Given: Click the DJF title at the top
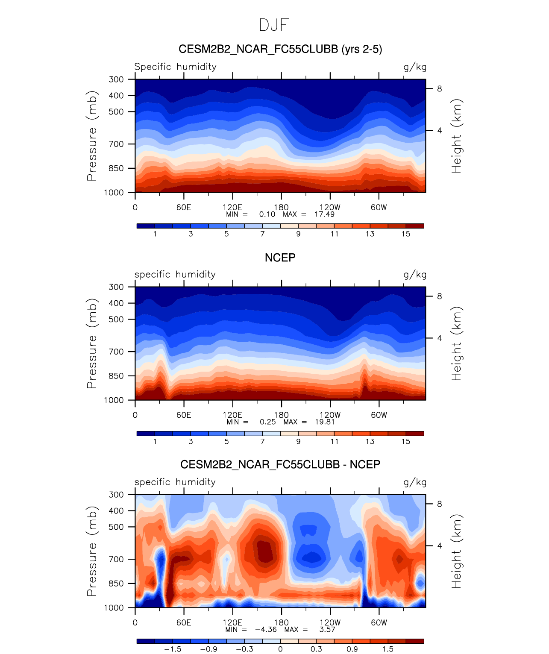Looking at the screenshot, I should (274, 25).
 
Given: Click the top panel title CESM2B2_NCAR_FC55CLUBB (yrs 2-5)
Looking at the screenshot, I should (280, 49).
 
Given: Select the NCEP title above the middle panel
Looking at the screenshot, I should (280, 258).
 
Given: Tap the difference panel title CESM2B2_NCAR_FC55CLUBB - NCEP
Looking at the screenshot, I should (280, 464).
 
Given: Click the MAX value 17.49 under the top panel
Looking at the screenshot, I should (324, 214).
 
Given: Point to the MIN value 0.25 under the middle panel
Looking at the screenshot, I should (267, 422).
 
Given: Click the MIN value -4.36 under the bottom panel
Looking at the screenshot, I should (265, 629).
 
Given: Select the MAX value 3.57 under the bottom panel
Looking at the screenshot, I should (327, 629).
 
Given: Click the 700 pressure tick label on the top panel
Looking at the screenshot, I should (116, 144).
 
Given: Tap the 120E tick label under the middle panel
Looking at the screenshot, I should (232, 415).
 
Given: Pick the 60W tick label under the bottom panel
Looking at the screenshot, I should (379, 622).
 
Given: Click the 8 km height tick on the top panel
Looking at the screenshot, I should (439, 89).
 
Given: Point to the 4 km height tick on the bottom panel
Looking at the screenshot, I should (439, 545).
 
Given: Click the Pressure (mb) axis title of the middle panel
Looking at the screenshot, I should (92, 343).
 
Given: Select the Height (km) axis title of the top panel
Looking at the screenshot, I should (457, 136).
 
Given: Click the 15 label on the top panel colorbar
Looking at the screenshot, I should (405, 234).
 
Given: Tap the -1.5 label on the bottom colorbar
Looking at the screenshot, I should (172, 649).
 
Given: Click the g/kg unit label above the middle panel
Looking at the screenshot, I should (415, 274).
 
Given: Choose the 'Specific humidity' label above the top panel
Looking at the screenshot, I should (175, 67).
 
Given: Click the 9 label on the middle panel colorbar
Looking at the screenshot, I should (298, 441).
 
